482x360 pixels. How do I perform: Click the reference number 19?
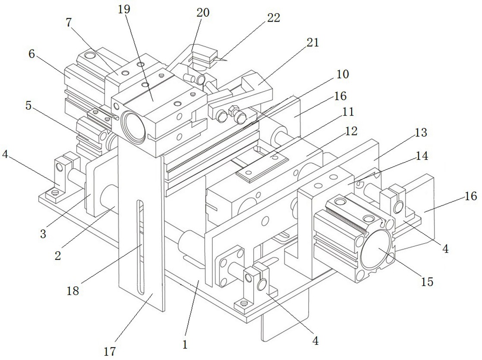point(124,9)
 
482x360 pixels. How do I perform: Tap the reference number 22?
point(274,18)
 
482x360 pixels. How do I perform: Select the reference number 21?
point(312,42)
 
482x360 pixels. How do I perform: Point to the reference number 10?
point(343,74)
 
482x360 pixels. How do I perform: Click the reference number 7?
point(69,22)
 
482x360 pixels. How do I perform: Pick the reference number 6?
point(32,54)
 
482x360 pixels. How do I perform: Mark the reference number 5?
point(28,106)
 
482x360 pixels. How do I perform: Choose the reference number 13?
point(421,133)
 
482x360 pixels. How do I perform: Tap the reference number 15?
point(427,282)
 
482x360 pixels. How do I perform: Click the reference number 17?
point(110,351)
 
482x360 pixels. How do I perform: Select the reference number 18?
point(73,290)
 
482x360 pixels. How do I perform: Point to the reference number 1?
point(185,344)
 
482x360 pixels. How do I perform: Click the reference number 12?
point(352,131)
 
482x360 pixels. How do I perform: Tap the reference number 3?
point(43,234)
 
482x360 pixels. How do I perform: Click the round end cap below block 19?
point(133,127)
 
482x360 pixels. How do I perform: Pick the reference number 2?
point(58,255)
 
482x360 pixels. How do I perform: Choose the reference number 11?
point(348,112)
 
